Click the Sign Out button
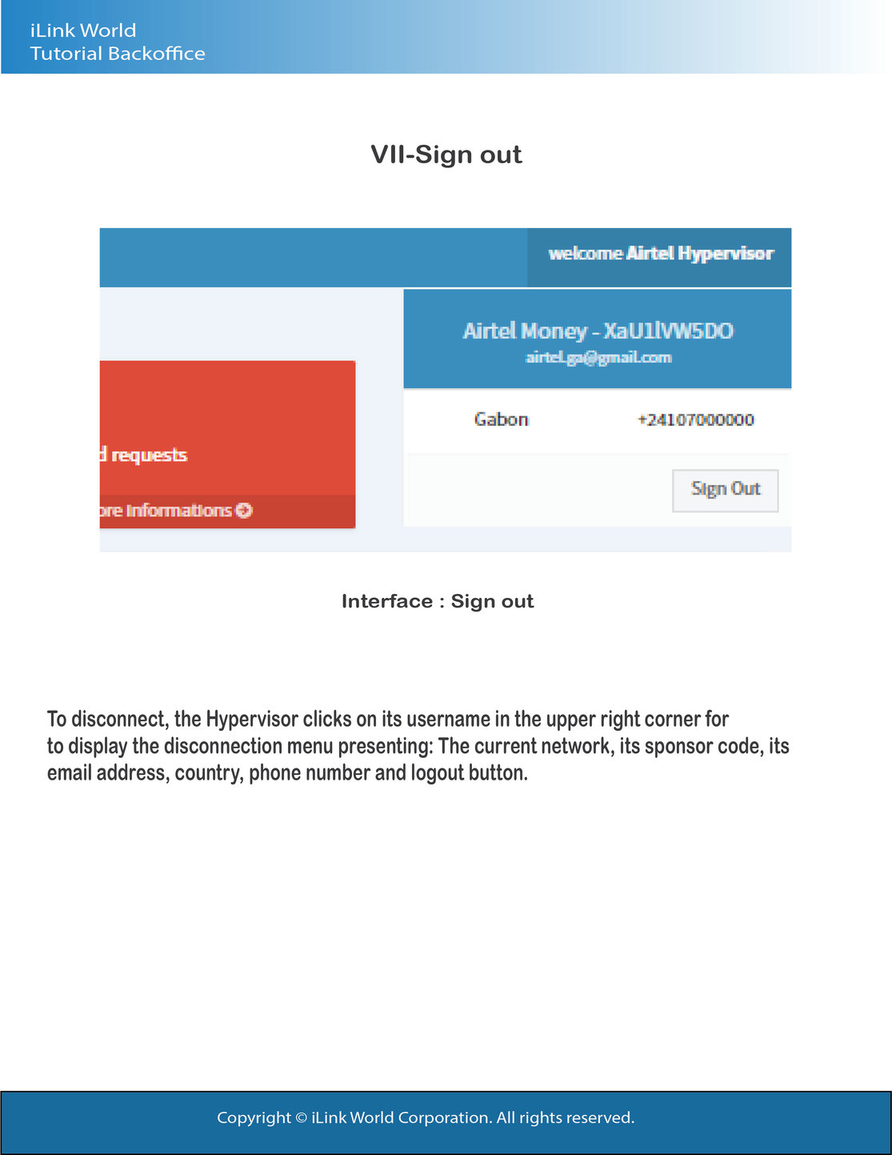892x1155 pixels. [x=725, y=489]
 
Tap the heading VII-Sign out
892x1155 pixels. [x=446, y=154]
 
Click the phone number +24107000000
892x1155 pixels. [x=695, y=419]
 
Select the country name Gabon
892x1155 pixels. [x=501, y=419]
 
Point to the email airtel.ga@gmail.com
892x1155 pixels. [x=598, y=358]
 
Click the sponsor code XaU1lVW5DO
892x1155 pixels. [x=668, y=331]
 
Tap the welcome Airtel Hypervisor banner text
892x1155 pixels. [x=661, y=254]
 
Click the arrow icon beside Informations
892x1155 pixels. [x=244, y=511]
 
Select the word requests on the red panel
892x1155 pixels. [x=149, y=455]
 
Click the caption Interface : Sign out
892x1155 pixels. [x=437, y=601]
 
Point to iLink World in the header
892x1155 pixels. [x=83, y=30]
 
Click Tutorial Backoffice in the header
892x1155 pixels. [x=118, y=54]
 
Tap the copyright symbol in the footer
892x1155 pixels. [x=301, y=1117]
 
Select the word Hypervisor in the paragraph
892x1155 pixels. [x=252, y=719]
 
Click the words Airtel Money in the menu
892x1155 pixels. [x=525, y=331]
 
